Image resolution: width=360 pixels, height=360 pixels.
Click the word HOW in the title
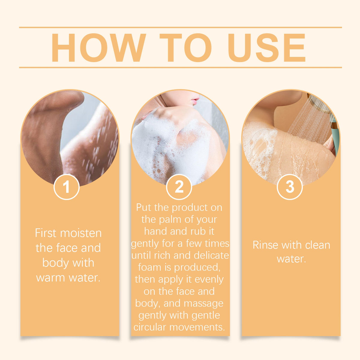coord(98,48)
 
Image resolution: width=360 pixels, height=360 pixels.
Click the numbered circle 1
coord(67,187)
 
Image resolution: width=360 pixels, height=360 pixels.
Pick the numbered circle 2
coord(179,187)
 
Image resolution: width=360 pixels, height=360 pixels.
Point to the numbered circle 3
coord(290,187)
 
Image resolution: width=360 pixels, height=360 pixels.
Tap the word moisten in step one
coord(81,233)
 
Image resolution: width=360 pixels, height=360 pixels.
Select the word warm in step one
coord(50,278)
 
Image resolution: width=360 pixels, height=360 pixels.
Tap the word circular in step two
coord(150,327)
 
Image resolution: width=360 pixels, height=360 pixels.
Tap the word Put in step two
coord(144,208)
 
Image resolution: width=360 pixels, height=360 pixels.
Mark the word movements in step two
coord(197,327)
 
